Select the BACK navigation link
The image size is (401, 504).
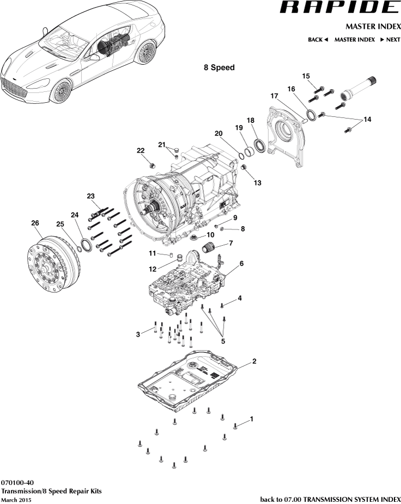tap(318, 40)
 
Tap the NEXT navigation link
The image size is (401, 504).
tap(390, 40)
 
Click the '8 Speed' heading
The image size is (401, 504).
tap(219, 67)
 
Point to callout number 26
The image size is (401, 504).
tap(35, 223)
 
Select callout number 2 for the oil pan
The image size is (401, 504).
tap(254, 362)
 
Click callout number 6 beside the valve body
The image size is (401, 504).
tap(241, 263)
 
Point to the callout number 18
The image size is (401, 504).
tap(250, 120)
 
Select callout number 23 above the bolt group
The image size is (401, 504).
tap(90, 196)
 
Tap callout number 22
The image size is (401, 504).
tap(140, 151)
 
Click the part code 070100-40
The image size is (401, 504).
tap(17, 482)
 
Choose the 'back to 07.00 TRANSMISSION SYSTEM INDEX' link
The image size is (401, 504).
tap(330, 499)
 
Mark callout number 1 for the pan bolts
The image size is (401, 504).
tap(251, 419)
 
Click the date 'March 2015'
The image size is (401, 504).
tap(16, 499)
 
